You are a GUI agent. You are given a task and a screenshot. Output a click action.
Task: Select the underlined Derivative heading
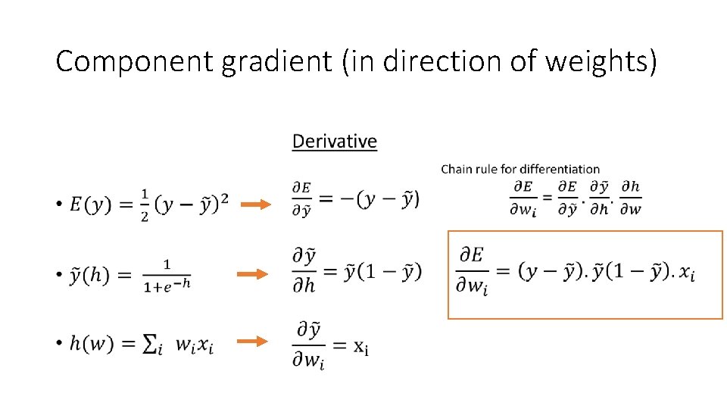334,142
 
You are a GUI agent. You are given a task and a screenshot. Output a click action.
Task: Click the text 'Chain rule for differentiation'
520,169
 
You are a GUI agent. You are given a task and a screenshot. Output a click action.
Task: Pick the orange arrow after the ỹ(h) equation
253,274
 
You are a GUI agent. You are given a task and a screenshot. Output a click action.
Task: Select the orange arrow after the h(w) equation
253,342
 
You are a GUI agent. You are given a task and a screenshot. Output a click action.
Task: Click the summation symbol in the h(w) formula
151,344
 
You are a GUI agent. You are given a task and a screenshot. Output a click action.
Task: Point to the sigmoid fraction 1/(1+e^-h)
167,275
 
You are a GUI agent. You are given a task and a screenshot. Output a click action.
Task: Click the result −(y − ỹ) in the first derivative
383,198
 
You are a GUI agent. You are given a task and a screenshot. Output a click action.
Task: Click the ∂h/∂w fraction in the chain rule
630,198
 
